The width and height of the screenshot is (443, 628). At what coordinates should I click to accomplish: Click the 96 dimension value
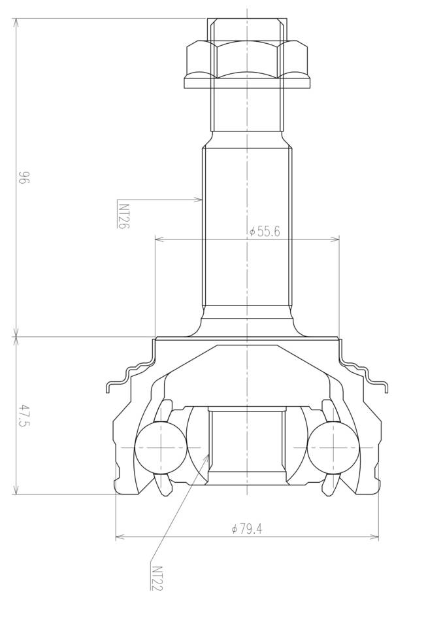click(x=24, y=177)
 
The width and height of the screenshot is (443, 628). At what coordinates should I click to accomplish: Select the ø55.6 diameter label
click(x=265, y=232)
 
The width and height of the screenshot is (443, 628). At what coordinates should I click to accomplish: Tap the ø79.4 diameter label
click(x=247, y=529)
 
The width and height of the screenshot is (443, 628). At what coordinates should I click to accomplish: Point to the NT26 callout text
click(x=123, y=216)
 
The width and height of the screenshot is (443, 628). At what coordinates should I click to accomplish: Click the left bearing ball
click(x=161, y=447)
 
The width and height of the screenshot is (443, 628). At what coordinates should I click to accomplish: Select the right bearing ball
click(x=334, y=447)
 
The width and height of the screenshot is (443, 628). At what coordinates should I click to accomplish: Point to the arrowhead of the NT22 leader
click(x=206, y=458)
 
